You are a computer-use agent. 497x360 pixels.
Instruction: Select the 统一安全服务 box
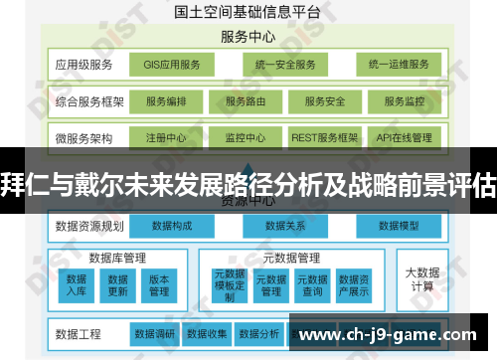click(285, 66)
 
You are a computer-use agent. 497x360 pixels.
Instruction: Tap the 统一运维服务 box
click(398, 66)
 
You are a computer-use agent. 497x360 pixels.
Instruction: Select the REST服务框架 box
click(323, 137)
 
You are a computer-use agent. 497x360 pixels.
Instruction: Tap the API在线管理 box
click(405, 137)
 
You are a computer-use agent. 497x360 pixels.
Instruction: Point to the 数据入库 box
click(76, 284)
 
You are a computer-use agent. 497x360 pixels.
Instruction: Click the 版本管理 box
click(159, 284)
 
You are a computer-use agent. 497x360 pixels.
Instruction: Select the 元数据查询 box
click(313, 284)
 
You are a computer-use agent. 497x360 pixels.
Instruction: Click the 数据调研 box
click(154, 333)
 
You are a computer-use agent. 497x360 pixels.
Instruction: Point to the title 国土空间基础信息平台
click(247, 14)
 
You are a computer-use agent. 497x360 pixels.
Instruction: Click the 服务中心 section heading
click(247, 37)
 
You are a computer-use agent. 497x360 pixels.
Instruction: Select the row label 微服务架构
click(84, 137)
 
